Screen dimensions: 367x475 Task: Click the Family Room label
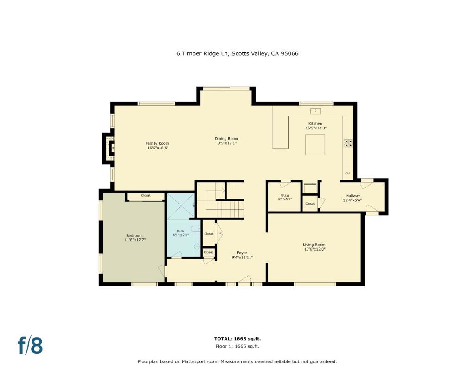[157, 143]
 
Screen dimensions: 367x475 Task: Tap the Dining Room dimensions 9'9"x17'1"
[226, 143]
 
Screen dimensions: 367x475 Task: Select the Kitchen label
[315, 124]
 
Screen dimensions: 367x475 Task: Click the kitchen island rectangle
[315, 144]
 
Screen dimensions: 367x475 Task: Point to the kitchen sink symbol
[315, 110]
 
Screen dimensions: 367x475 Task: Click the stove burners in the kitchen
[347, 143]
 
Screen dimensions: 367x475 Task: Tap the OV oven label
[347, 174]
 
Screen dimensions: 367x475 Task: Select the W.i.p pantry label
[285, 195]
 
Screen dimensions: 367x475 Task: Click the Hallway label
[353, 196]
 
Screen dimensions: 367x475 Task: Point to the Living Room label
[314, 245]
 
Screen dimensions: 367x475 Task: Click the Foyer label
[242, 253]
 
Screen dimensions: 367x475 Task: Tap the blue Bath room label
[180, 231]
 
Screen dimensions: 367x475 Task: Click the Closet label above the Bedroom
[146, 196]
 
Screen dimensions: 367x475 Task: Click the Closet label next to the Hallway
[310, 204]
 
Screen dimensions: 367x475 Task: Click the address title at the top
[237, 53]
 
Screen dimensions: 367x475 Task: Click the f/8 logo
[30, 346]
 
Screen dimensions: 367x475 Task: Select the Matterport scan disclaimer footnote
[237, 361]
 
